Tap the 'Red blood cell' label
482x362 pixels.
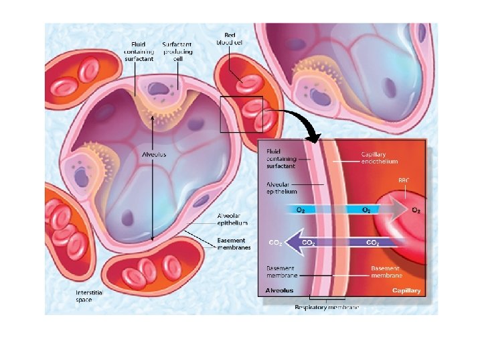tap(229, 38)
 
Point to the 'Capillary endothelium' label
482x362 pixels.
tap(380, 158)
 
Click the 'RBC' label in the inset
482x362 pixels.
tap(404, 180)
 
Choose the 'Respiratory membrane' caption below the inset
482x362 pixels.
tap(327, 307)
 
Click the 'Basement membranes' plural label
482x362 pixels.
tap(232, 244)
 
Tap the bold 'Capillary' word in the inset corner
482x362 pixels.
tap(406, 291)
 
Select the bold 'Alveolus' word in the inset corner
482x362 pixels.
tap(279, 291)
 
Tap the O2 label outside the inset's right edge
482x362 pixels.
tap(416, 210)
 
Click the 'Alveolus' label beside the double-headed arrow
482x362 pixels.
tap(154, 154)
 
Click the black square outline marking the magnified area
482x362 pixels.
tap(241, 115)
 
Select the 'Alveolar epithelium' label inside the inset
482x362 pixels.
tap(282, 188)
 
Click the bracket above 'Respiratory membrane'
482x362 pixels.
tap(327, 298)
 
